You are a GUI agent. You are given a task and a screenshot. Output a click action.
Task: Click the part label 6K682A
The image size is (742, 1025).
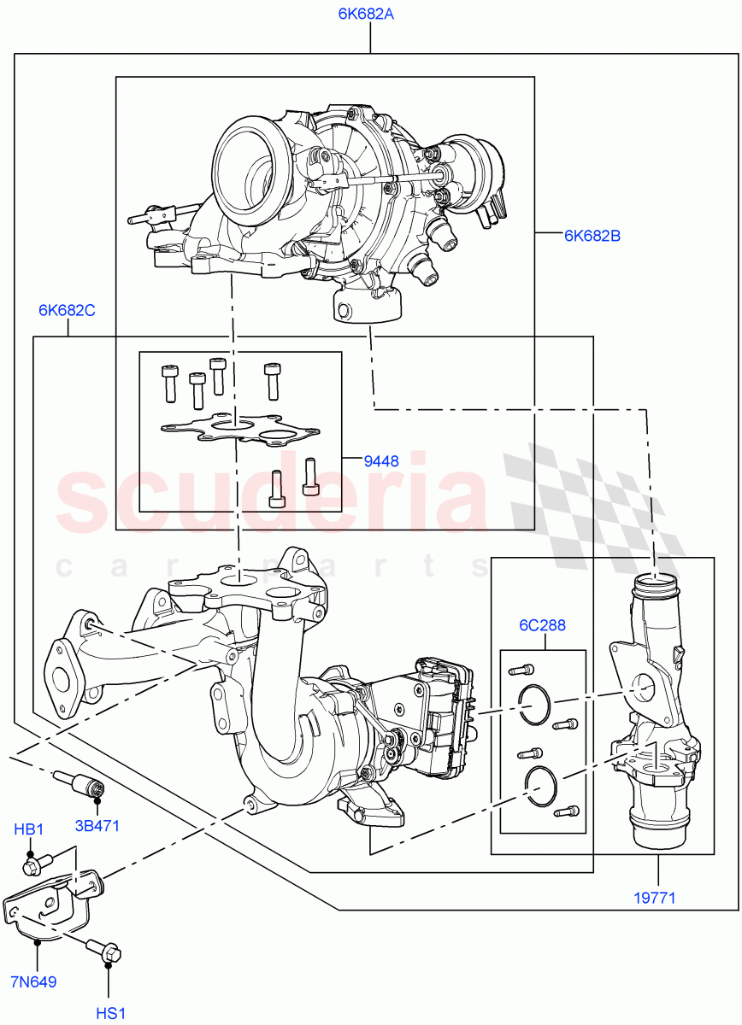pos(369,15)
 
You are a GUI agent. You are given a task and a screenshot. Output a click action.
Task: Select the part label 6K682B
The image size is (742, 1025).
pos(592,236)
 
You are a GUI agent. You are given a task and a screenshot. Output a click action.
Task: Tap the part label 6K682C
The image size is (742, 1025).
pos(66,310)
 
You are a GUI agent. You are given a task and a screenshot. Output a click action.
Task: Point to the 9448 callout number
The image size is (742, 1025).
pos(381,461)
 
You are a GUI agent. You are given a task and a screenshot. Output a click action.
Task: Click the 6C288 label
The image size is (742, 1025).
pos(543,625)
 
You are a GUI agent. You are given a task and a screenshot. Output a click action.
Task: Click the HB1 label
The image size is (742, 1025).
pos(29,829)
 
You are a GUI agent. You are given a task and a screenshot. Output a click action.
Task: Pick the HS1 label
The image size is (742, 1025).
pos(110,1013)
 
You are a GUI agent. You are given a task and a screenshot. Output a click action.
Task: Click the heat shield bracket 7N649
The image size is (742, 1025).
pos(51,905)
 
